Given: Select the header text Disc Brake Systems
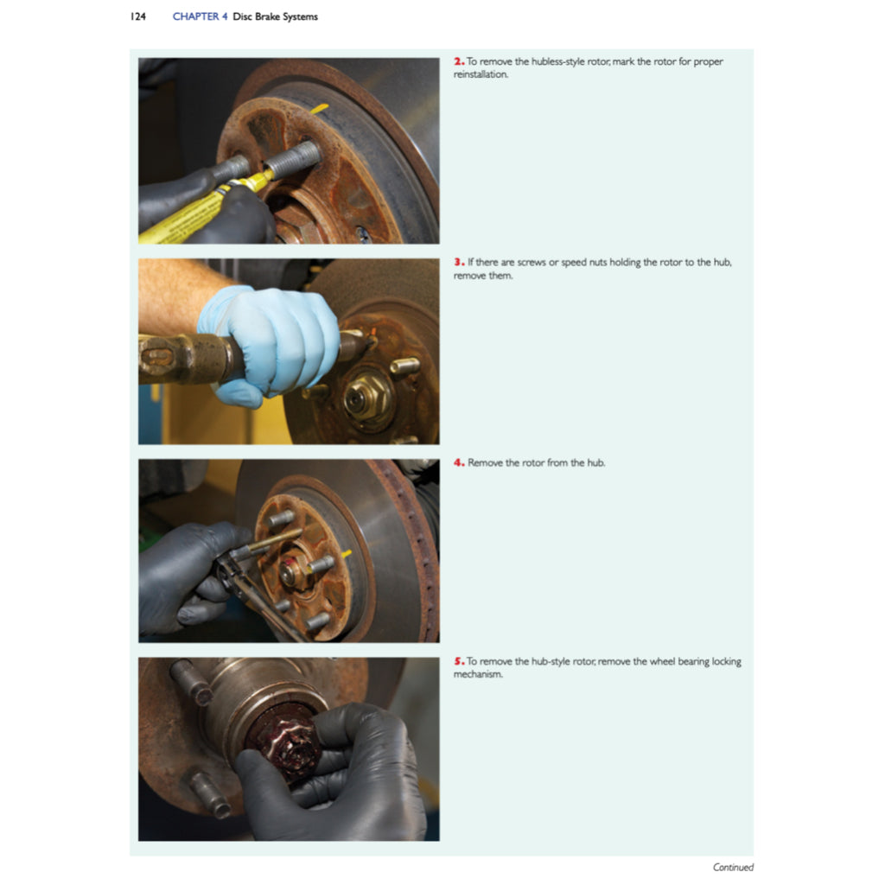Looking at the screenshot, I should [x=276, y=16].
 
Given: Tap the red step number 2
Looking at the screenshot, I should [x=458, y=62].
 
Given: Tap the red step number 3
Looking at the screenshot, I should [x=458, y=262].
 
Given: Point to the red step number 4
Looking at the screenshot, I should [x=458, y=463].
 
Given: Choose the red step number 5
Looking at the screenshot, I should [x=458, y=662].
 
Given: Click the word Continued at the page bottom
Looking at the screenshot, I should [x=733, y=867].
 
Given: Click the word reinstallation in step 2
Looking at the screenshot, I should [x=481, y=75].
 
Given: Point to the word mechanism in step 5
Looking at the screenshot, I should [x=478, y=675].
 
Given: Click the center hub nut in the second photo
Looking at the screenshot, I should [x=359, y=398].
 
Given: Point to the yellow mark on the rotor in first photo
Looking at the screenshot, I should [x=319, y=108].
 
